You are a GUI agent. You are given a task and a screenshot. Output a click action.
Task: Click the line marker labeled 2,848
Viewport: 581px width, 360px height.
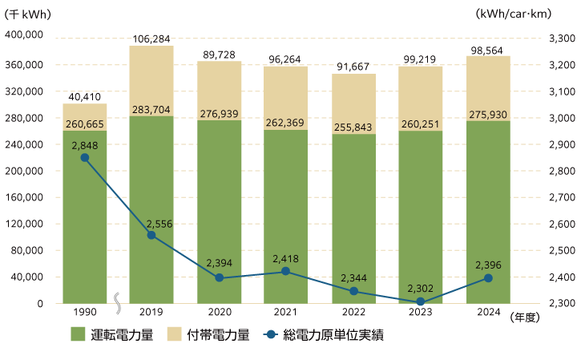84,158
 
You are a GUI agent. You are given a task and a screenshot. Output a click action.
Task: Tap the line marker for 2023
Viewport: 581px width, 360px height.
420,302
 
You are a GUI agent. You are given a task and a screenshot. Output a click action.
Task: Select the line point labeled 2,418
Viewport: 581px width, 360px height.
286,272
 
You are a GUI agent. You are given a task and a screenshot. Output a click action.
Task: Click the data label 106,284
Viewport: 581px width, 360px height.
151,38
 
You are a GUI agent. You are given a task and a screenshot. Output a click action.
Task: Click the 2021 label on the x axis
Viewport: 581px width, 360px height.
286,313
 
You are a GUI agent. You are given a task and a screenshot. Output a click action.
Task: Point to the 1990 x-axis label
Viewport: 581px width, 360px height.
84,313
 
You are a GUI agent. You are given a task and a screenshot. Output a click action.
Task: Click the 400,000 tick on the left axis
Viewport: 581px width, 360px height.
23,36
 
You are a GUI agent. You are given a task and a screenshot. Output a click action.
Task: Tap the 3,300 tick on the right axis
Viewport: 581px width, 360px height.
561,38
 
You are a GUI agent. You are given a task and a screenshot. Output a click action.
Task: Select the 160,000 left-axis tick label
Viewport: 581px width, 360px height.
23,197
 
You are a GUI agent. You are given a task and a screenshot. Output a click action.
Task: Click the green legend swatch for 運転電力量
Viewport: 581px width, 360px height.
78,334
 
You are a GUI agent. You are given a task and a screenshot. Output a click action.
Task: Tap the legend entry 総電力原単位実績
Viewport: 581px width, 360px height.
333,334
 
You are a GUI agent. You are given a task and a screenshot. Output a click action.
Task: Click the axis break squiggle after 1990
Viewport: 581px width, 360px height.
118,303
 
